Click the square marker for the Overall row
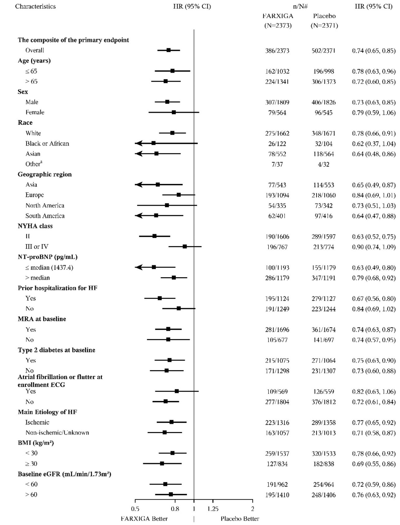tap(168, 50)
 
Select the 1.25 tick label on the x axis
tap(213, 509)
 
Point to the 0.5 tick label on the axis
tap(135, 509)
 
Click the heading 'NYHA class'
tap(35, 226)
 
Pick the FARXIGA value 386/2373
tap(277, 51)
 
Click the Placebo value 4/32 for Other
tap(324, 164)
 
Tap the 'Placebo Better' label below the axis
tap(240, 518)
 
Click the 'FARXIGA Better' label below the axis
tap(144, 518)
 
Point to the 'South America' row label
tap(45, 216)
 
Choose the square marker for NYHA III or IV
tap(185, 246)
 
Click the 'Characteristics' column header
tap(35, 6)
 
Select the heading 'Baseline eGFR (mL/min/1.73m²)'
tap(64, 474)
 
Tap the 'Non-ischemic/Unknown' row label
tap(57, 432)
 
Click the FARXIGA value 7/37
tap(277, 164)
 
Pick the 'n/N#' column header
tap(300, 6)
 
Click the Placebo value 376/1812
tap(324, 402)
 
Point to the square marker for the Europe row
tap(179, 195)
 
